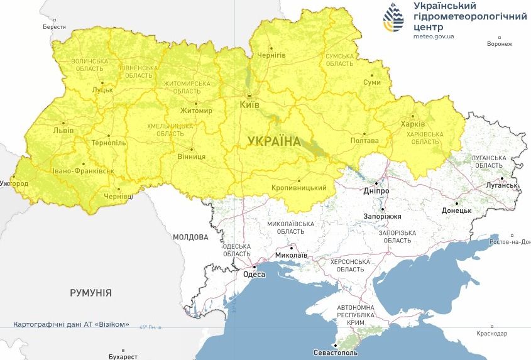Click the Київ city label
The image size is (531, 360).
coord(249,104)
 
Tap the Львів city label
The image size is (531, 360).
coord(63,131)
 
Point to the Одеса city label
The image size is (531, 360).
coord(255,274)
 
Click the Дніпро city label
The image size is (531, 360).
coord(376,191)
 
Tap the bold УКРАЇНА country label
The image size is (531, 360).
coord(274,141)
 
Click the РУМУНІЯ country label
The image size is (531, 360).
coord(91,293)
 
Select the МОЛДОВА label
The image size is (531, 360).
coord(190,237)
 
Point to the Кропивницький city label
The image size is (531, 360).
coord(298,188)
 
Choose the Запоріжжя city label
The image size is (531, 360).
coord(383,216)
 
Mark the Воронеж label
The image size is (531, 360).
coord(500,44)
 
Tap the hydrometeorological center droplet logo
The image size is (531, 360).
coord(393,17)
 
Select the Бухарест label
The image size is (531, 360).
coord(123,356)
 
